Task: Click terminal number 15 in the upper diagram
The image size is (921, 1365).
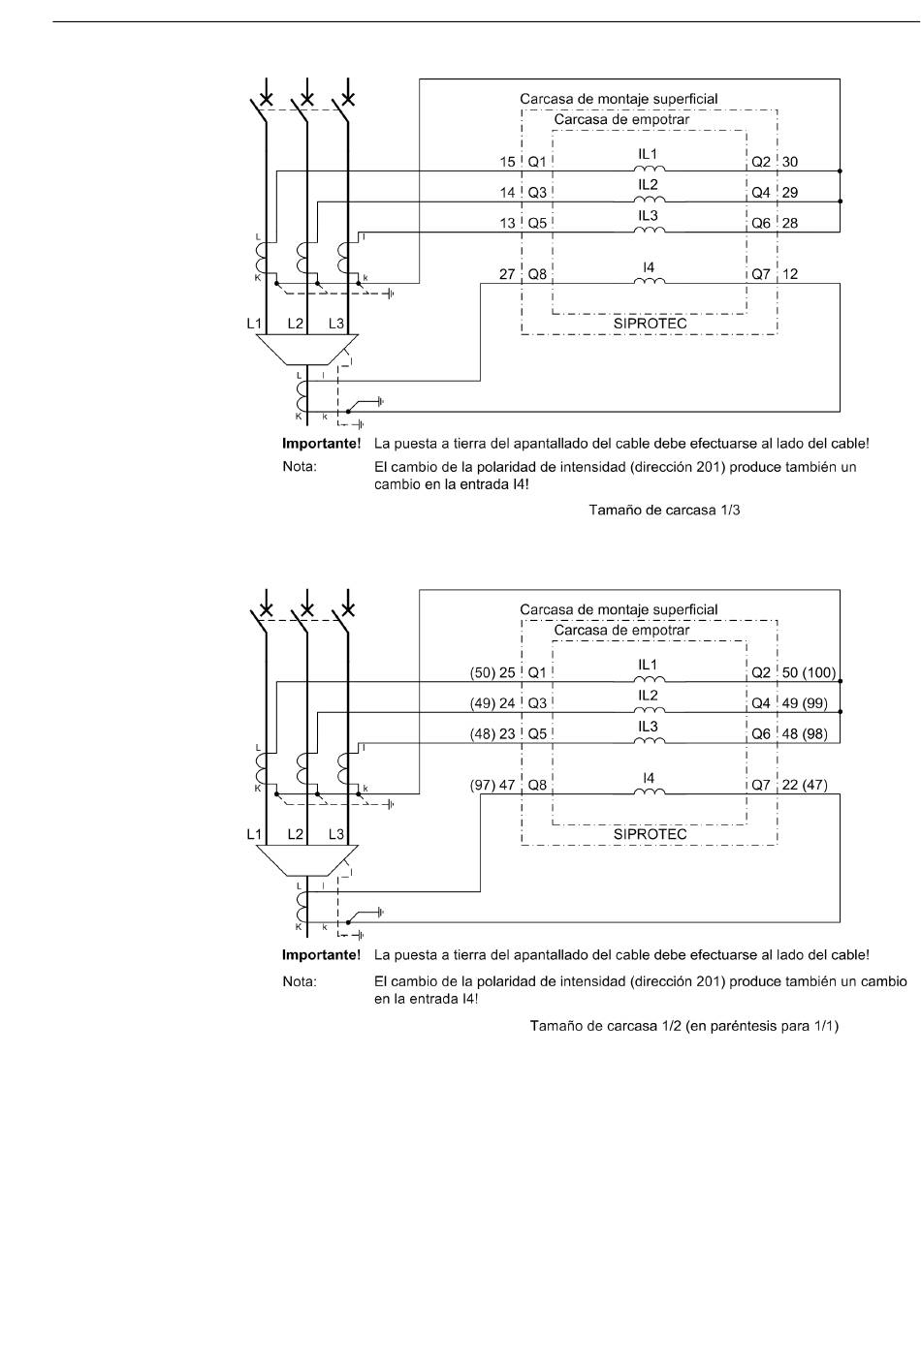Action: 507,162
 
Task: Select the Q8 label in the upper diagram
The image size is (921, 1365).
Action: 537,274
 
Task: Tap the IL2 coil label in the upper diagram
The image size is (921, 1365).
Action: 648,185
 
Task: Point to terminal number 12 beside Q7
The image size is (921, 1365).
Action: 790,274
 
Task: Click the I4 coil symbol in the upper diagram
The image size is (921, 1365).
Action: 650,281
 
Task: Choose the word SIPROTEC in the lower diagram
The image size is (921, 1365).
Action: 651,834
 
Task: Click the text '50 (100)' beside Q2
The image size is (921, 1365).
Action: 809,672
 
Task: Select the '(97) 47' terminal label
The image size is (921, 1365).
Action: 492,785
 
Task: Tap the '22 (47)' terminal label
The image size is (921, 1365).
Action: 805,785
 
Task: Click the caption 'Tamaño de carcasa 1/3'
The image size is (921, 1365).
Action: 664,510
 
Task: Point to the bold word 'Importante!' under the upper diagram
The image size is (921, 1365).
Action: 322,444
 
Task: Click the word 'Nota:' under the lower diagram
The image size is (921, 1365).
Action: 300,981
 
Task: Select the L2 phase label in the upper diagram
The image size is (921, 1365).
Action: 296,324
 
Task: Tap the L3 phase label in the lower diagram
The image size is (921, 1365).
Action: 336,834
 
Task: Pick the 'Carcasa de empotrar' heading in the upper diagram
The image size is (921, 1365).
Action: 621,119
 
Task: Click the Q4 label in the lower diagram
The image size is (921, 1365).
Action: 761,703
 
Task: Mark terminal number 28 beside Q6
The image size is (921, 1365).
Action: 790,223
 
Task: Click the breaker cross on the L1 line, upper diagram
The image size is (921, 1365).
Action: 267,99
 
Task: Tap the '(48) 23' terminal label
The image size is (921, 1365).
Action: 492,733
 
